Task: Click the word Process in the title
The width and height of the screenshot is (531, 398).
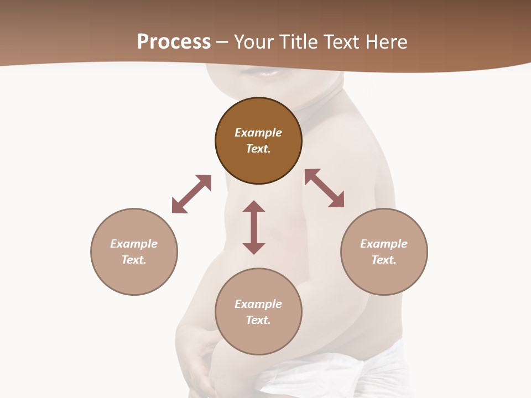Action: (x=174, y=42)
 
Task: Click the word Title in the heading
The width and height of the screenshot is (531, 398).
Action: (x=296, y=42)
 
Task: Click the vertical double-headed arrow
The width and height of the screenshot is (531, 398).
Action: (x=254, y=227)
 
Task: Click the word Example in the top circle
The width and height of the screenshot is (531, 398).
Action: (x=258, y=133)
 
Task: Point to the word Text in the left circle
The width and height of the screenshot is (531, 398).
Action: (x=134, y=260)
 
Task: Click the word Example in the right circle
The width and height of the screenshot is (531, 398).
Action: (x=384, y=244)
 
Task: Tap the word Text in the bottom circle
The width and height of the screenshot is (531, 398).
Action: (x=258, y=320)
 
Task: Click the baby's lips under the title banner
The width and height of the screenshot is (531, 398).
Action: (x=268, y=72)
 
